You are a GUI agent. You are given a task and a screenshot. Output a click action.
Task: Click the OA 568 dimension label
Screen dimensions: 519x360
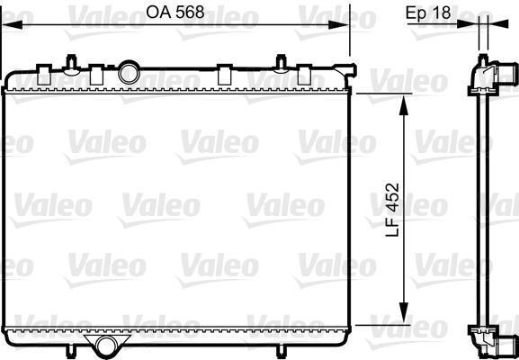175,13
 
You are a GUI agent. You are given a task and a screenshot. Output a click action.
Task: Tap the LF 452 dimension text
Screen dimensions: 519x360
393,210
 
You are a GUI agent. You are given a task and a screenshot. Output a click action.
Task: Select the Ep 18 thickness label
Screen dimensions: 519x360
428,13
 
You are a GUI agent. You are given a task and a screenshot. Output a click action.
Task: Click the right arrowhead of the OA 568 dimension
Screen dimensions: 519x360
338,24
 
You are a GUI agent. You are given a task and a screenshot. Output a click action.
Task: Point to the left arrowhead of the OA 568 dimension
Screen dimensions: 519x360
13,24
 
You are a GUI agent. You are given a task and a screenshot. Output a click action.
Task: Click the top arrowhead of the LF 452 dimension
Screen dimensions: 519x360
404,105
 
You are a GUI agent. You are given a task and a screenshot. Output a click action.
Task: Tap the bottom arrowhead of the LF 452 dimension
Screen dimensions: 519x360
404,312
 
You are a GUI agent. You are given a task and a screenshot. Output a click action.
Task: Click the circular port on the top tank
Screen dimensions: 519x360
129,72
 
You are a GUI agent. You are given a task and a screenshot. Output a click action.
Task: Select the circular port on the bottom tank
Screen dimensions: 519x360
106,346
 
